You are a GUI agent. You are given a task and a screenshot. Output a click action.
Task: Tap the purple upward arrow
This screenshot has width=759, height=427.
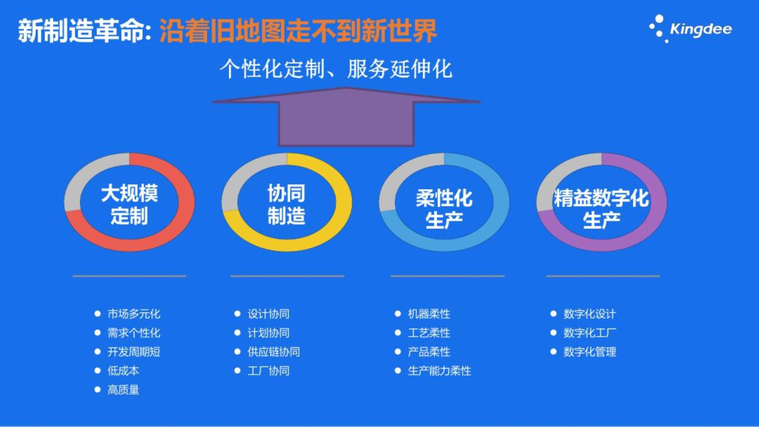coord(346,117)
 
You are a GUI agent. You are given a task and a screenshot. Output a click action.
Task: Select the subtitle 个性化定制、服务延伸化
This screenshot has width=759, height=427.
coord(336,69)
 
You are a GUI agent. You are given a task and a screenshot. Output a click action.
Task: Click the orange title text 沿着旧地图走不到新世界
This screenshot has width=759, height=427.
coord(298,31)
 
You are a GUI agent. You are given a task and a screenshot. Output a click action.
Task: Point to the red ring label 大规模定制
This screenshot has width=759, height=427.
coord(129,204)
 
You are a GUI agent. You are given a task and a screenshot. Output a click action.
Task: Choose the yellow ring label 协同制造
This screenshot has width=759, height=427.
coord(286,204)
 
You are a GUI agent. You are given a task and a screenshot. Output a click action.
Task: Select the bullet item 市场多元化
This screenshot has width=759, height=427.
coord(134,314)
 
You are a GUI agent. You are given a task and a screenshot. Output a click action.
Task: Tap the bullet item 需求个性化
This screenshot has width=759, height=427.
coord(134,333)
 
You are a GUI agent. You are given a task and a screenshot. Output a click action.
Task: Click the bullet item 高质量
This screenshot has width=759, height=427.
coord(123,390)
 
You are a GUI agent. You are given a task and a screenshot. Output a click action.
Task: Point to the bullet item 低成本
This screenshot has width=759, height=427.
coord(123,371)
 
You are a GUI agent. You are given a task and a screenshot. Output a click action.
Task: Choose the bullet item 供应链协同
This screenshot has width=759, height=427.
coord(274,352)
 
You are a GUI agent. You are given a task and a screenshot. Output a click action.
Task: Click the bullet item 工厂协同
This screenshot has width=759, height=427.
coord(269,371)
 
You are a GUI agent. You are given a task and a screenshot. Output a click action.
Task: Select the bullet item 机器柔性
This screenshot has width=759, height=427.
coord(429,314)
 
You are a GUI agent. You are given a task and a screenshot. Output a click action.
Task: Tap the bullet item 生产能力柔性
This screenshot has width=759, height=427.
coord(439,371)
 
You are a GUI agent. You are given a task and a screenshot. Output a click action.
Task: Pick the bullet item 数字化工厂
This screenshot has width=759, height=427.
coord(590,333)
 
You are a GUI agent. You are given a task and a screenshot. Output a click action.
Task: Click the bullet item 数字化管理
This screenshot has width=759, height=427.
coord(590,352)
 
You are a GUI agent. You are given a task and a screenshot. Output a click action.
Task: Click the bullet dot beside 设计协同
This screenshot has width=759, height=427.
coord(237,314)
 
